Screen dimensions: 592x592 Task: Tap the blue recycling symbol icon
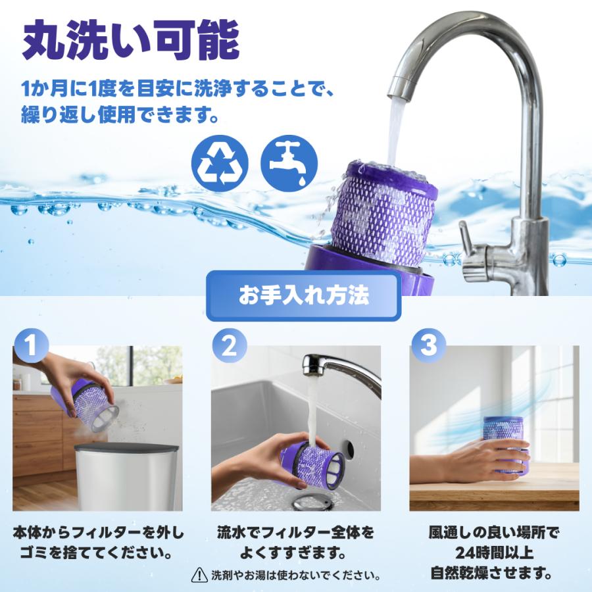point(220,163)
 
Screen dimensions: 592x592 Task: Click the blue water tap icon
point(289,163)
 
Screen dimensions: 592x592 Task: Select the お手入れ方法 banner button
point(303,296)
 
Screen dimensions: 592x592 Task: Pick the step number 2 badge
point(229,345)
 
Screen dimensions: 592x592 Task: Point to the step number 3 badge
point(428,345)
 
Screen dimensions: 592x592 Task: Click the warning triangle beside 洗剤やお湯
point(199,575)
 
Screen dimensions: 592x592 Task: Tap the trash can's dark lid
point(126,449)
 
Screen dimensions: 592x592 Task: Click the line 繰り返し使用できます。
point(120,115)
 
